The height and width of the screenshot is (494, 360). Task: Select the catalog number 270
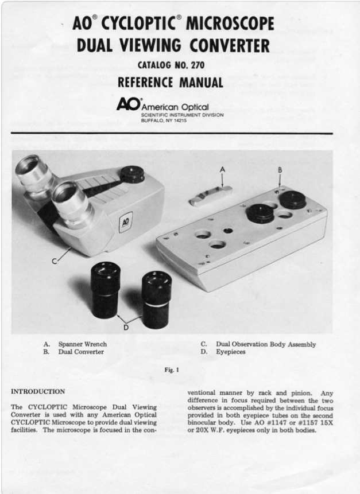pos(196,65)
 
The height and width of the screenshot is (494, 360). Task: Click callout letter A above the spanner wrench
pos(223,169)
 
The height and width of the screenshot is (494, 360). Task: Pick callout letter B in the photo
pos(280,170)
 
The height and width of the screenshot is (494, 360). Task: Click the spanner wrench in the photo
pos(210,195)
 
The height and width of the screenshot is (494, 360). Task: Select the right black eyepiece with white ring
pos(156,298)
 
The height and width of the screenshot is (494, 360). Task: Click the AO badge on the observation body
pos(126,221)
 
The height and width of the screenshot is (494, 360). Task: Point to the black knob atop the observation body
pos(133,174)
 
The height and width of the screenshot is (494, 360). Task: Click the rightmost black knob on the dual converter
pos(293,199)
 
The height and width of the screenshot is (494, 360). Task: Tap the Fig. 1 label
pos(172,370)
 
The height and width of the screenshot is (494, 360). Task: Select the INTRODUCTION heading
pos(38,391)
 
